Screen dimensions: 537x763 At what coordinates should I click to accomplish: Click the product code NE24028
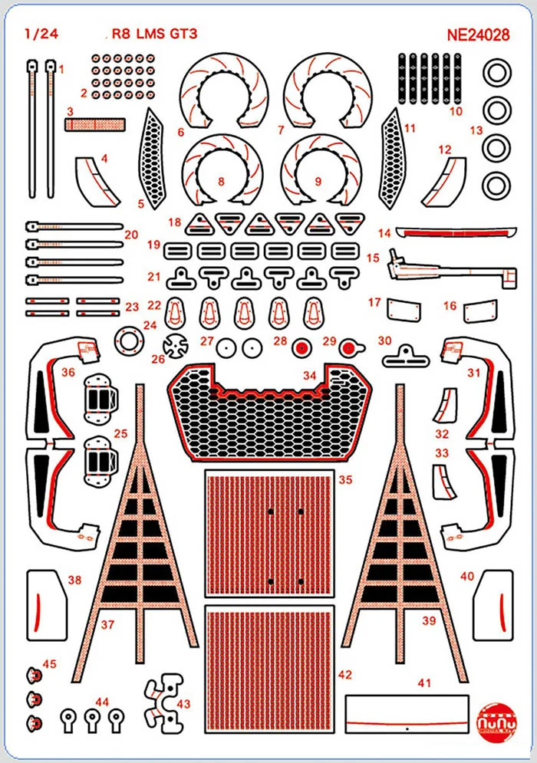click(480, 35)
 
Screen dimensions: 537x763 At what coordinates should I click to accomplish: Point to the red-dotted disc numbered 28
click(301, 348)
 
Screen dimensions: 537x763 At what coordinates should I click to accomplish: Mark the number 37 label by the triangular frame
click(107, 624)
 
